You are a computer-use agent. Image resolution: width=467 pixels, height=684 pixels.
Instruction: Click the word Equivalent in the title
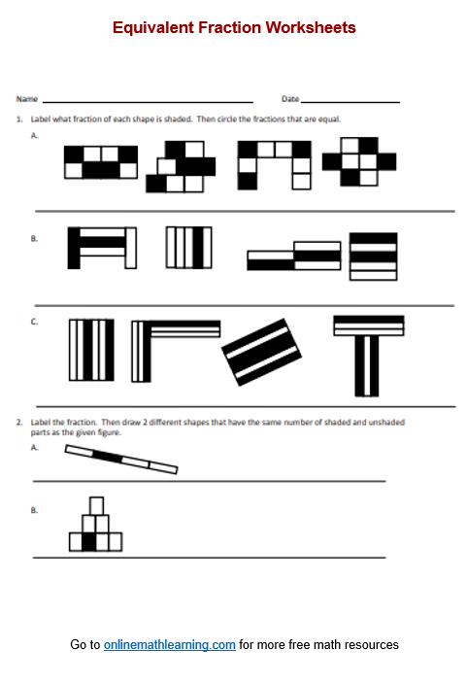click(x=148, y=28)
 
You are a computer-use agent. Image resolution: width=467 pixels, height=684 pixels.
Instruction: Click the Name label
click(x=26, y=99)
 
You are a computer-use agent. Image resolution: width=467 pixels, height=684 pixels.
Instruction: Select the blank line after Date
click(x=350, y=101)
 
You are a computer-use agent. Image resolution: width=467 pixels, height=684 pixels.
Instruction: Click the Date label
click(x=290, y=99)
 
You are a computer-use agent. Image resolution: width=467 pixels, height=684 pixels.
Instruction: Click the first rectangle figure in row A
click(x=100, y=161)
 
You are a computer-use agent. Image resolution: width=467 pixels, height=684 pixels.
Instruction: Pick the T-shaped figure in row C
click(x=367, y=356)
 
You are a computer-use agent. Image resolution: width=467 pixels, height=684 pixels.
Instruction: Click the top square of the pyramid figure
click(x=96, y=505)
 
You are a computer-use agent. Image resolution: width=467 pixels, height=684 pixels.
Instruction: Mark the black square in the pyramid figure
click(x=89, y=542)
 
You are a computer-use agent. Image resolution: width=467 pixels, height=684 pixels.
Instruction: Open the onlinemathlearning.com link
click(x=170, y=645)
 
